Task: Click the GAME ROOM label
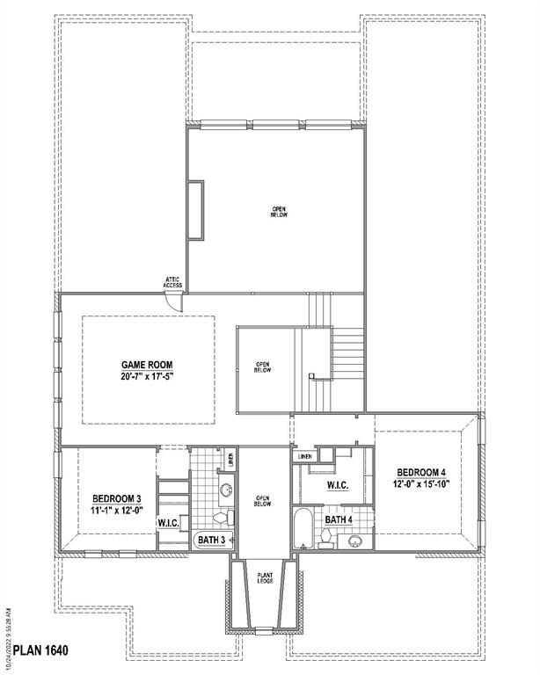click(146, 363)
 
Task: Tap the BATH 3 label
click(212, 540)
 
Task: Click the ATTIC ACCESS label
click(172, 283)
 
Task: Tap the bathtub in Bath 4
click(303, 526)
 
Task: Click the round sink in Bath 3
click(226, 488)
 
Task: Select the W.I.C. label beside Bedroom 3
click(170, 523)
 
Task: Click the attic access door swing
click(176, 301)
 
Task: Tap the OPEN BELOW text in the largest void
click(280, 212)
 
